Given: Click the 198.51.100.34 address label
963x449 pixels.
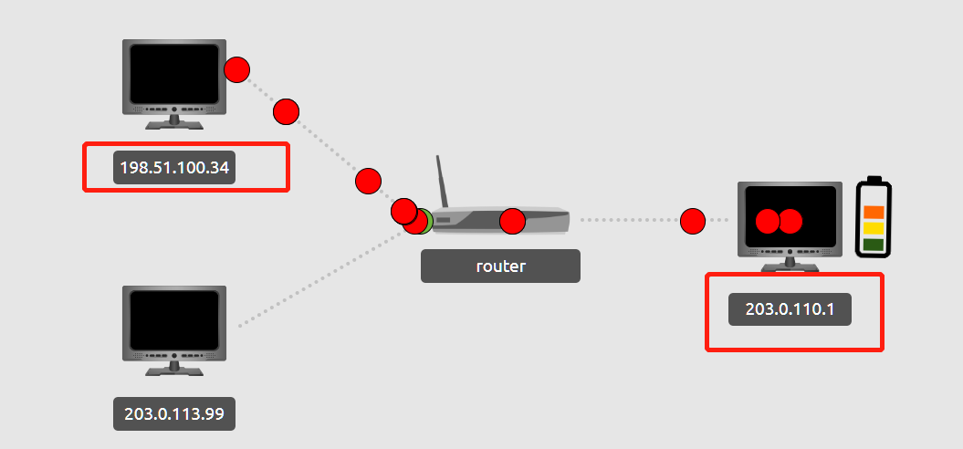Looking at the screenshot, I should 174,169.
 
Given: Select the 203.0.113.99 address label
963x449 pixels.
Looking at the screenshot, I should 174,413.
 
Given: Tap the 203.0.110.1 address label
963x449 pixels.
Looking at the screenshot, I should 790,309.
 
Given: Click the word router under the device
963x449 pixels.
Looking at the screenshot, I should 500,266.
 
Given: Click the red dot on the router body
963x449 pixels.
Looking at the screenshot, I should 513,221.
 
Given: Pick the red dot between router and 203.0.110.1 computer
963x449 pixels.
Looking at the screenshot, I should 693,221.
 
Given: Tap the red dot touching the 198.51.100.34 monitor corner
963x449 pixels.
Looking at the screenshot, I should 236,69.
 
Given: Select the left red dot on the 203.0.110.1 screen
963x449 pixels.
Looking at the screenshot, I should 768,221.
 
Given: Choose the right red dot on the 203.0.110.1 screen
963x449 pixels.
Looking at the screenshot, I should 790,221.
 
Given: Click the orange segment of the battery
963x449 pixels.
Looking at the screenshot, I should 874,212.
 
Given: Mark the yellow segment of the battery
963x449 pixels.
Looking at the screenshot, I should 874,228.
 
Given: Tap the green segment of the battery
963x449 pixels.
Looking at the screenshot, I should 874,245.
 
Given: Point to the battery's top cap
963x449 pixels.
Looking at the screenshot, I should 874,178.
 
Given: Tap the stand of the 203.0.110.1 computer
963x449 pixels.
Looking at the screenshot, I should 790,264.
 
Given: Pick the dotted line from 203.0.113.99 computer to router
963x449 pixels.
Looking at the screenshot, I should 319,278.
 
